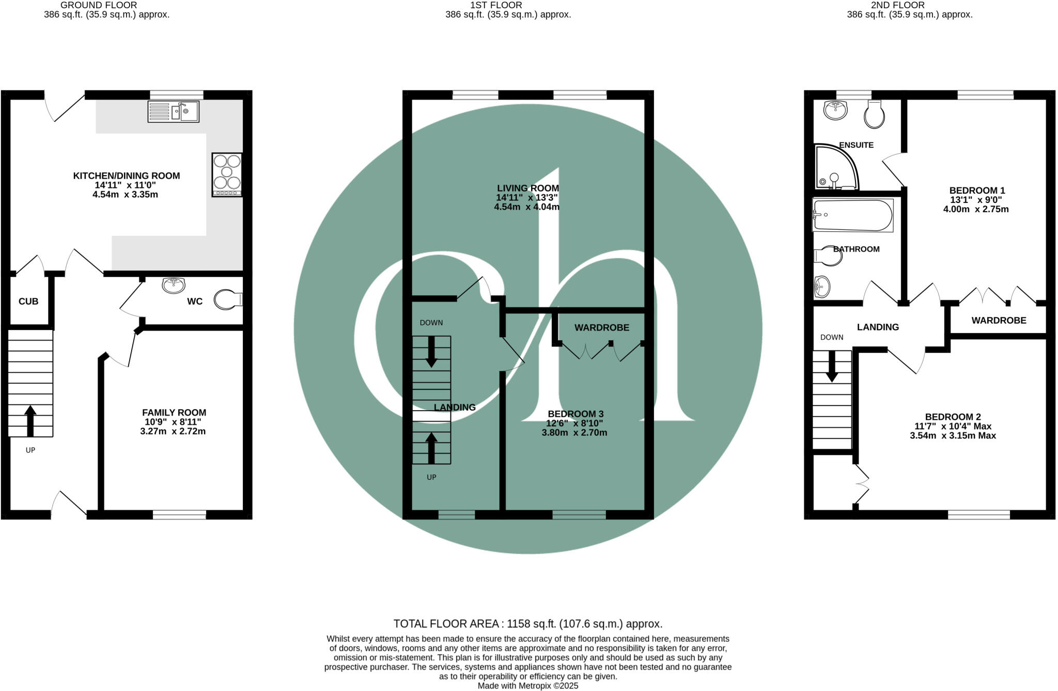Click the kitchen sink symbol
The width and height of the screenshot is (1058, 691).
pos(173,111)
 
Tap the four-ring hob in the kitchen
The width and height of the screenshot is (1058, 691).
pos(227,175)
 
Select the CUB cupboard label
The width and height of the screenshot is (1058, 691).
pos(28,301)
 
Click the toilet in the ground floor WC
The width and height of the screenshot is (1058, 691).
pos(227,299)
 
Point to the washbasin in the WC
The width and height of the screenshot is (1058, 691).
pos(174,285)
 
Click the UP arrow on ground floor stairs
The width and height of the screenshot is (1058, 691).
pos(30,421)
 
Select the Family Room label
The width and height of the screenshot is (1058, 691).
pos(174,413)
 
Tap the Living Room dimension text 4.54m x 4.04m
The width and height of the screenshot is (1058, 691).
pos(526,207)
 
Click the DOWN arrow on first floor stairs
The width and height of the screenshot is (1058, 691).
pos(431,352)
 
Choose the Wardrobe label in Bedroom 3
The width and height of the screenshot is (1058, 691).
pos(601,327)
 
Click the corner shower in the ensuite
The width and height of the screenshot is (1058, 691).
pos(834,168)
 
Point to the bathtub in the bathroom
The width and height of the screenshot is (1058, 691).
pos(852,215)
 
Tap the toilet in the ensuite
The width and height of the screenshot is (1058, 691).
pos(875,114)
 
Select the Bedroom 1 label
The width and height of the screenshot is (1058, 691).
pos(977,190)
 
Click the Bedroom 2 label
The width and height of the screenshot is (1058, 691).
pos(953,417)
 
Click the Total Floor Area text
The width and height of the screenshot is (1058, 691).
pos(527,623)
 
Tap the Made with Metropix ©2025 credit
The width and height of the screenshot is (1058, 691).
pos(527,686)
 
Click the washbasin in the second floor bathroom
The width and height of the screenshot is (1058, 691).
pos(822,287)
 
